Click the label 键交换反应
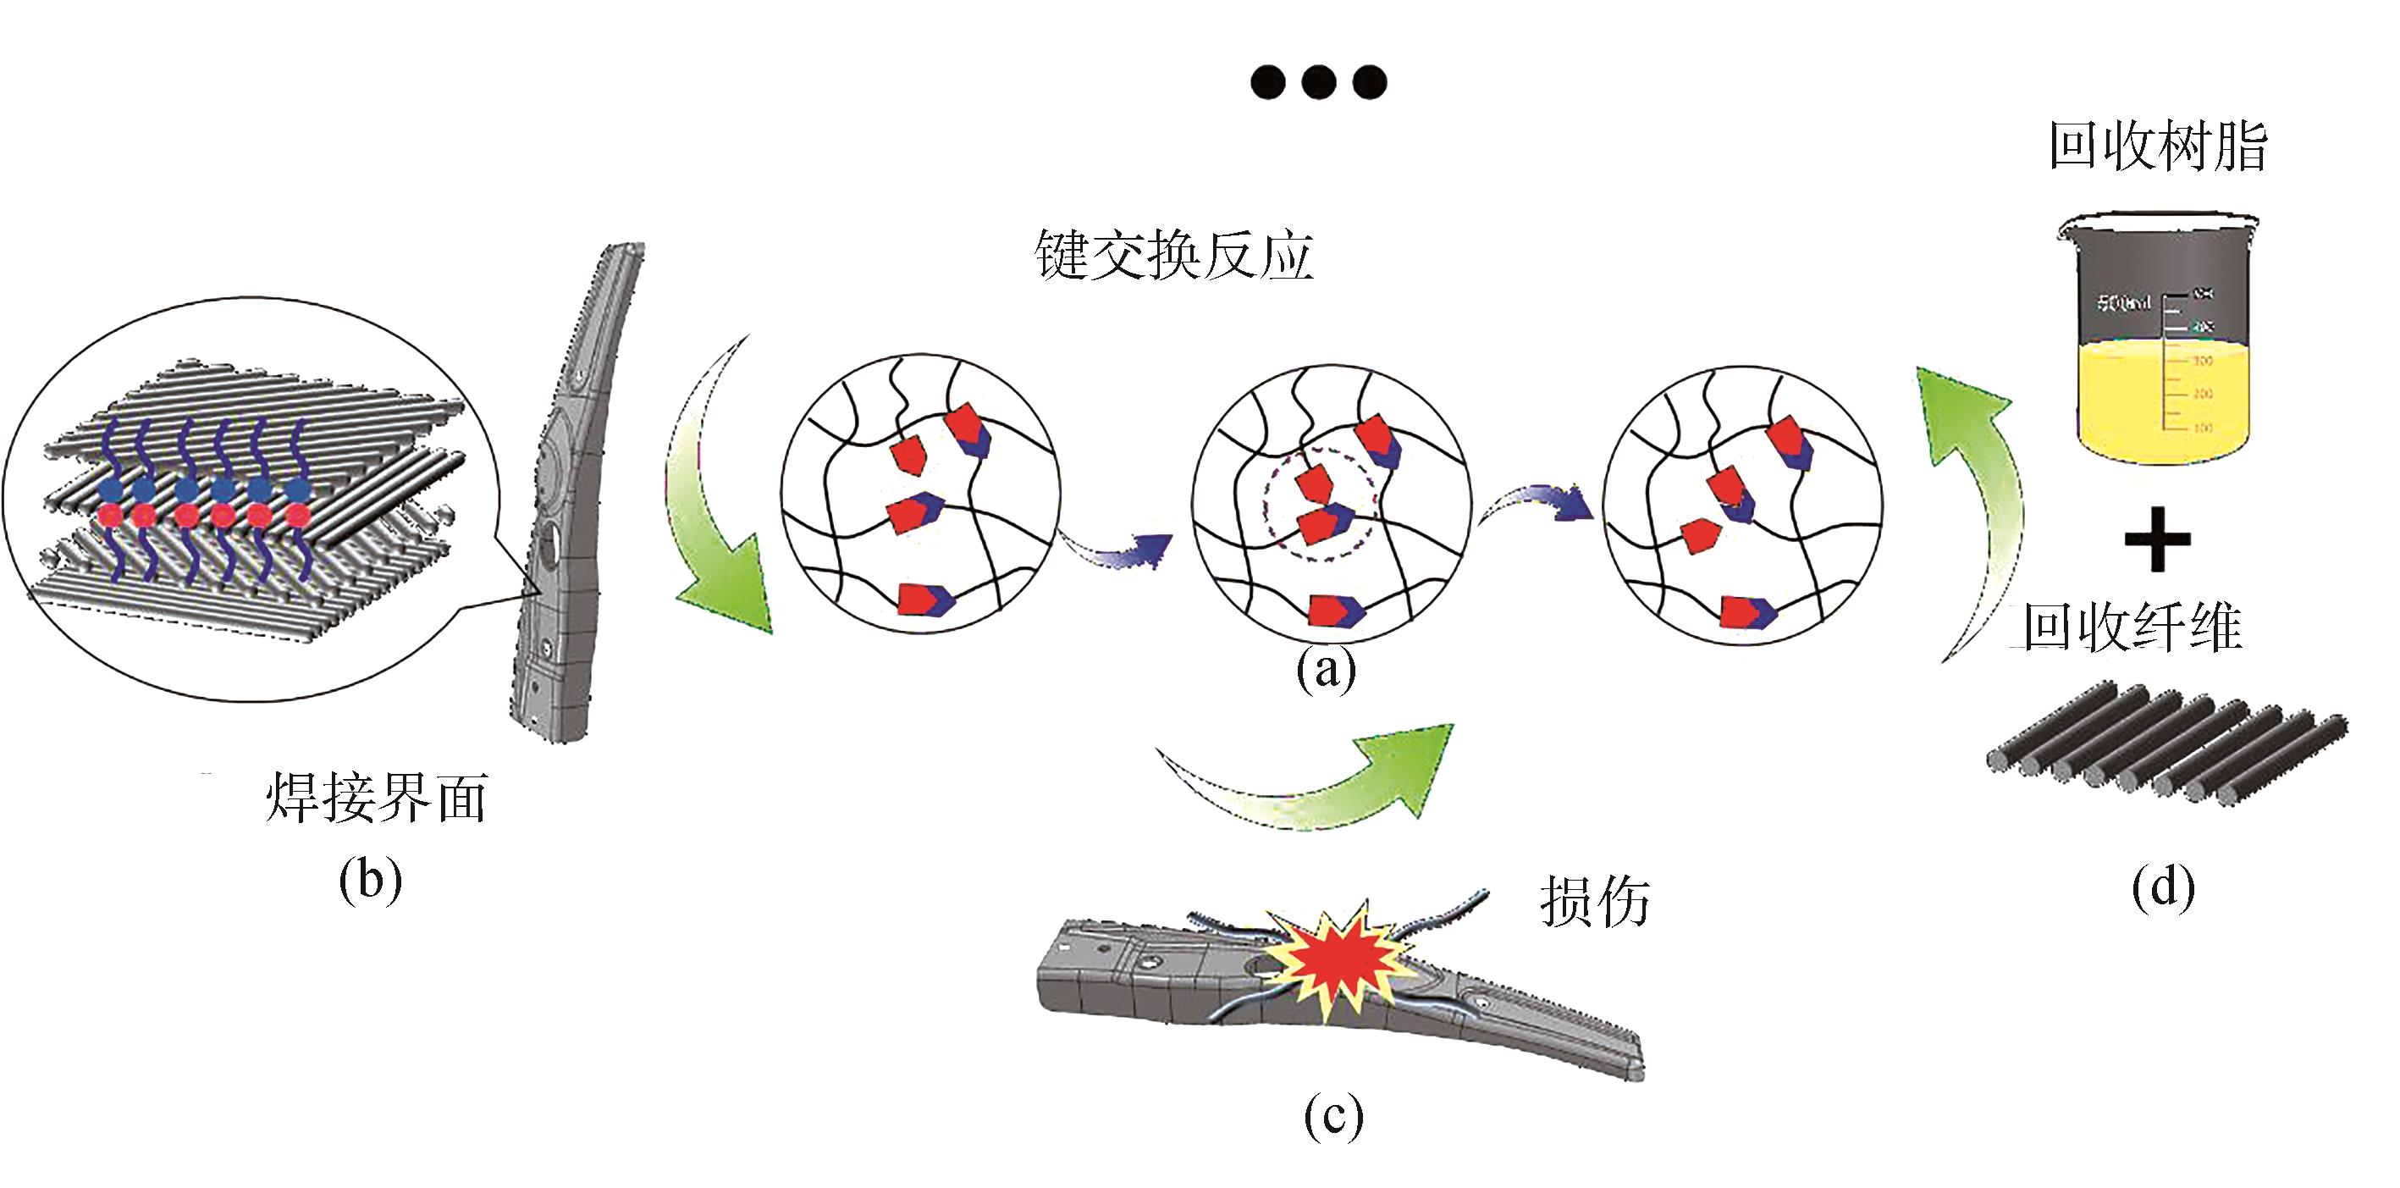(x=1174, y=253)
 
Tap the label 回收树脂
(x=2157, y=147)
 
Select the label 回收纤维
(x=2132, y=627)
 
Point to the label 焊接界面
(x=377, y=798)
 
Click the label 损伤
(x=1594, y=901)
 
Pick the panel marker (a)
(x=1327, y=669)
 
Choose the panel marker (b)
(x=371, y=879)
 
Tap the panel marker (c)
(x=1333, y=1115)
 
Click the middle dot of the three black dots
(x=1319, y=82)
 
